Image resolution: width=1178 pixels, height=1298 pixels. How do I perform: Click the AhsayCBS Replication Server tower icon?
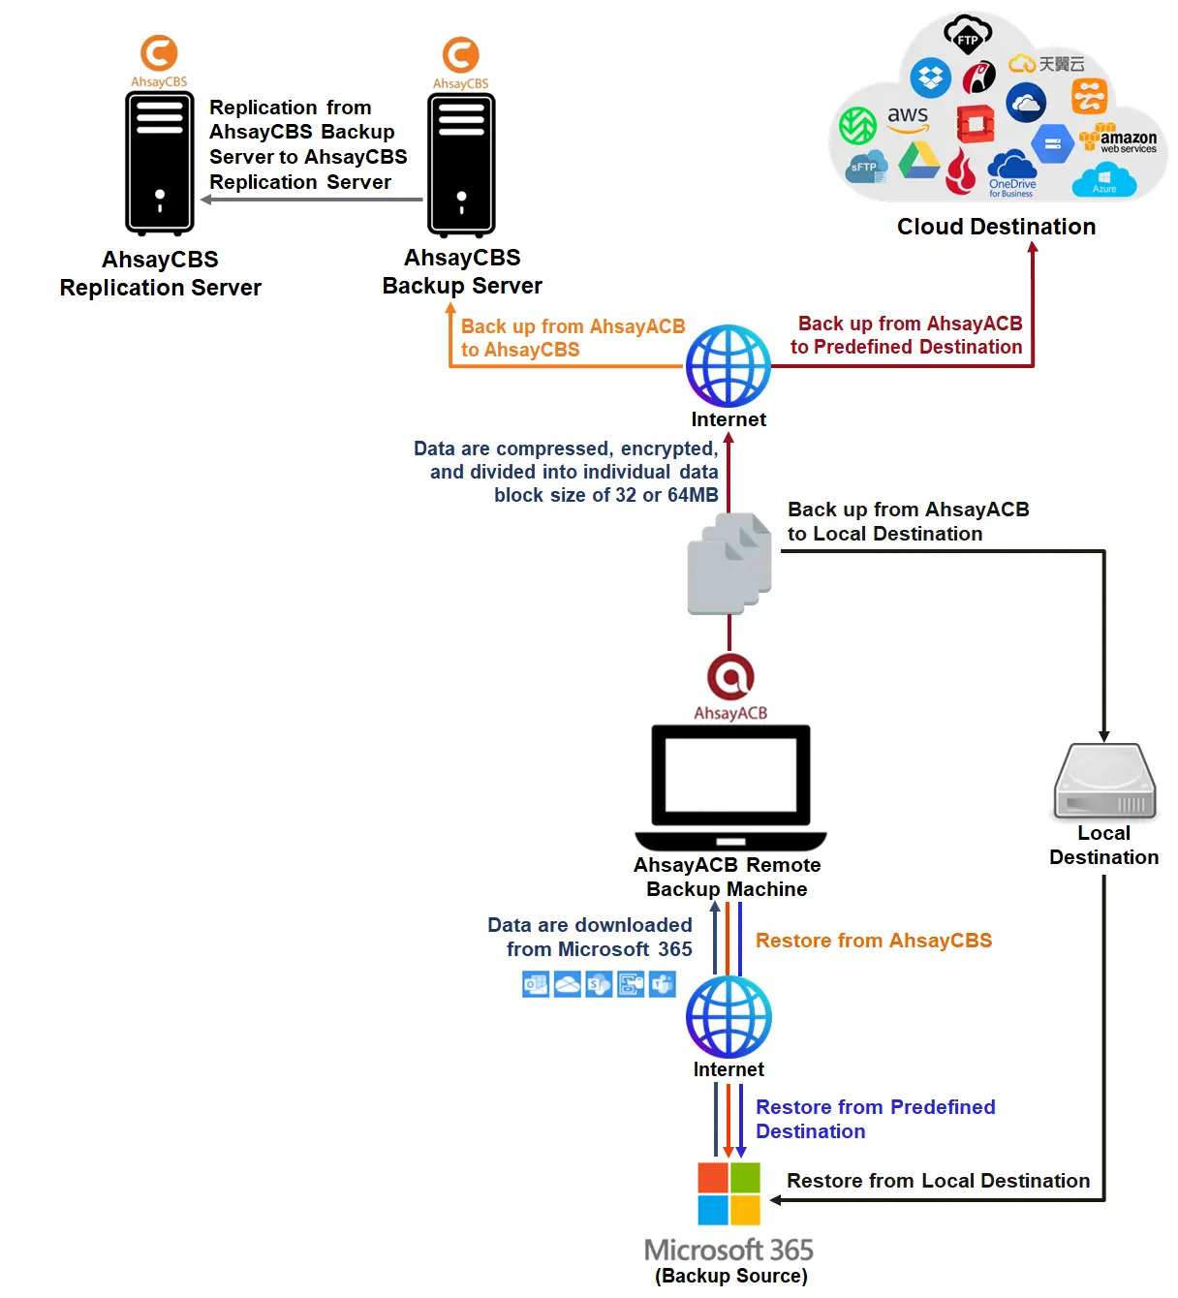click(160, 163)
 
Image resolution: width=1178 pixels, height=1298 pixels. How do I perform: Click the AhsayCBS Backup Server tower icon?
click(462, 165)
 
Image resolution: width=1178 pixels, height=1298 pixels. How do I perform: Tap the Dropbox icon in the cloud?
click(930, 77)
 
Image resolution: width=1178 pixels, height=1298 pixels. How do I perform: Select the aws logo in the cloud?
click(908, 119)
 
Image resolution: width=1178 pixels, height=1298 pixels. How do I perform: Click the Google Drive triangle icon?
click(918, 161)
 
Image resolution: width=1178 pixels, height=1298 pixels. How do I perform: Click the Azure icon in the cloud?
click(1104, 180)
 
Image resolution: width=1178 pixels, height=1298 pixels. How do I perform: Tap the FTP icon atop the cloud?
click(968, 36)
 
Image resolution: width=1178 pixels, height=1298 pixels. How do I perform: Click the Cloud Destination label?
click(996, 227)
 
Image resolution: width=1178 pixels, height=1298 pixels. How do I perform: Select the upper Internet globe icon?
click(728, 366)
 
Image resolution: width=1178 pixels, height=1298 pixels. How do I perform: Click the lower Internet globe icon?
click(728, 1016)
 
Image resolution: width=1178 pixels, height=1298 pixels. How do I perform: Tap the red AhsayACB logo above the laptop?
click(730, 677)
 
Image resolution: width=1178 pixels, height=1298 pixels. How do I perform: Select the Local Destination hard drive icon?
click(1104, 783)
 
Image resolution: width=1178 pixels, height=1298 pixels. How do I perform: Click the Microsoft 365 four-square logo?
click(729, 1194)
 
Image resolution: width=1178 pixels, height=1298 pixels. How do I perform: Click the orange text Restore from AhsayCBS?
click(874, 941)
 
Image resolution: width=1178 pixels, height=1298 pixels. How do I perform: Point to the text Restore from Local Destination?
click(938, 1181)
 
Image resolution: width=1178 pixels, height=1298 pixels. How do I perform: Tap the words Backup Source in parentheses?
click(731, 1276)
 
